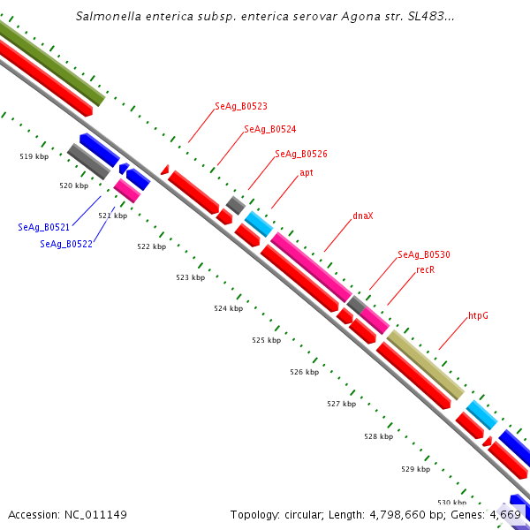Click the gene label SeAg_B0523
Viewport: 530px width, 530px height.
(x=241, y=106)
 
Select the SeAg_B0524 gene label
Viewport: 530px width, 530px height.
(x=269, y=129)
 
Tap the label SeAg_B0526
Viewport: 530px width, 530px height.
(x=301, y=154)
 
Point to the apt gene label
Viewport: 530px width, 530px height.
(x=307, y=173)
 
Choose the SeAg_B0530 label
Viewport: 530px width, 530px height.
(x=424, y=254)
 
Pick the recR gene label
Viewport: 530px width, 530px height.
(x=425, y=270)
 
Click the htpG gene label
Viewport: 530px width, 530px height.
(x=478, y=315)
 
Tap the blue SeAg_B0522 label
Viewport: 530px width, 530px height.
(x=66, y=244)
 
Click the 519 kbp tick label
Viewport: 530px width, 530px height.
(x=34, y=156)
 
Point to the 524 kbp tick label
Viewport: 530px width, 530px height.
(x=228, y=308)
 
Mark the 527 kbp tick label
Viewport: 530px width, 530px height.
(x=341, y=404)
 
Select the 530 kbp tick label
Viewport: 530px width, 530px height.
(x=451, y=503)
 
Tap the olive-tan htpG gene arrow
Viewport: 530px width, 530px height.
(x=425, y=365)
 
